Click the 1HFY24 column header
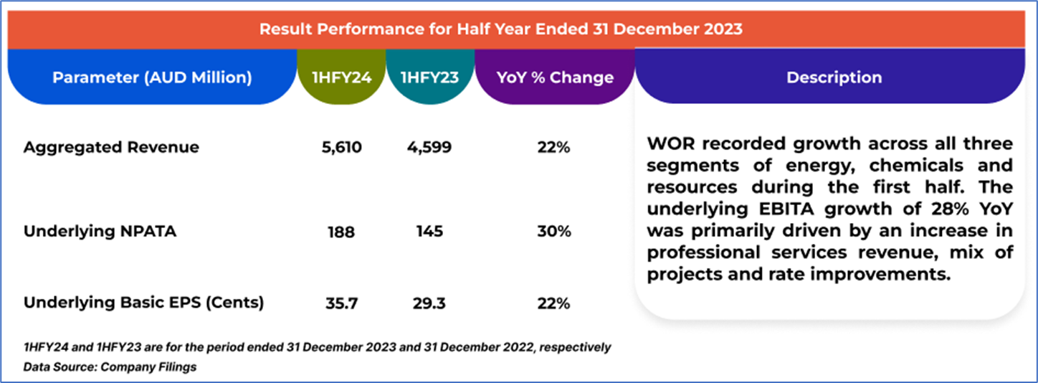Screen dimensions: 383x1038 342,77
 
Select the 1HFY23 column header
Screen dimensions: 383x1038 429,77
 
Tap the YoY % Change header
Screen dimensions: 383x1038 555,77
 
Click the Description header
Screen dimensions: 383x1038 834,77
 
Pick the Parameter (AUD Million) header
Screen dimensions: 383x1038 152,77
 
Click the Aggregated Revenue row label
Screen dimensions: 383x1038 111,147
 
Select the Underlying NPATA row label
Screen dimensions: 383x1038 100,232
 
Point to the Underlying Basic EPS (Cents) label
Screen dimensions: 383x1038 143,303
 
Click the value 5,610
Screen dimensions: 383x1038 342,147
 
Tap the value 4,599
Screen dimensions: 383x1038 429,147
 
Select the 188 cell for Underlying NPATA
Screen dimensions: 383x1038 342,232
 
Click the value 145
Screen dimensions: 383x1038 429,232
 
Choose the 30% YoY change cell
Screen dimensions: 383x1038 554,232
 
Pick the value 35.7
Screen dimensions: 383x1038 342,303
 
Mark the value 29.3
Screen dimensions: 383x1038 429,303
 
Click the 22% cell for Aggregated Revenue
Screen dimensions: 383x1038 554,147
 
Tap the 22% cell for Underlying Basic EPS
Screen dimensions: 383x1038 554,303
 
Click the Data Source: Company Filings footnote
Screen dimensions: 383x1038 110,367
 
